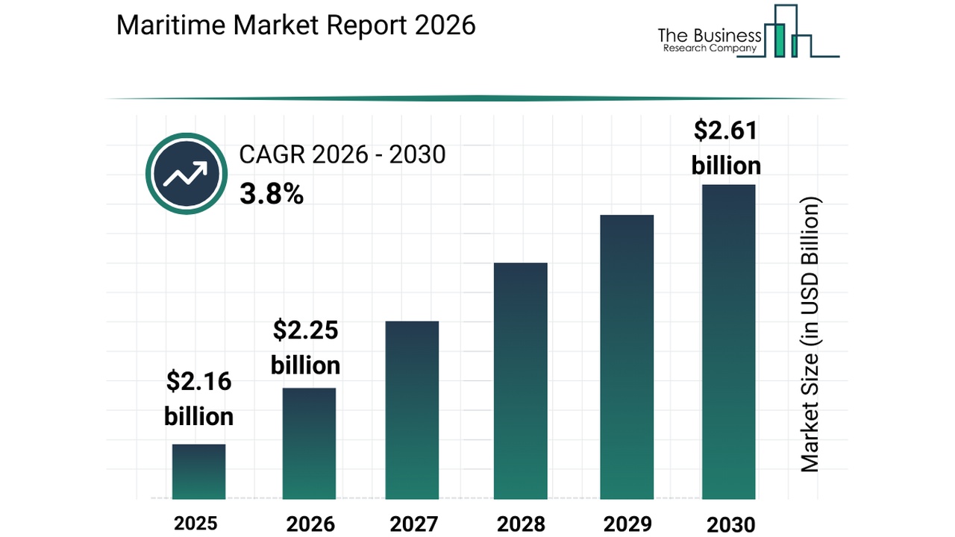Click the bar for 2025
click(198, 471)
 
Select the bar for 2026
click(309, 443)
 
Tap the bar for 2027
click(412, 409)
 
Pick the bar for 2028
click(520, 380)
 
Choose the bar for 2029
click(627, 357)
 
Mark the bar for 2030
click(729, 342)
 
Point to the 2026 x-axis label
click(309, 524)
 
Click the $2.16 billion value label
click(198, 399)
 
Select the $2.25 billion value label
click(305, 347)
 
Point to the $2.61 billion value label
click(726, 148)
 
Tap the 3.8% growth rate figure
click(272, 195)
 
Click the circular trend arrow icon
click(186, 174)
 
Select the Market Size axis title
click(810, 334)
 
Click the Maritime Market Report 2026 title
click(296, 25)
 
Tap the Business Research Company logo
click(748, 34)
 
